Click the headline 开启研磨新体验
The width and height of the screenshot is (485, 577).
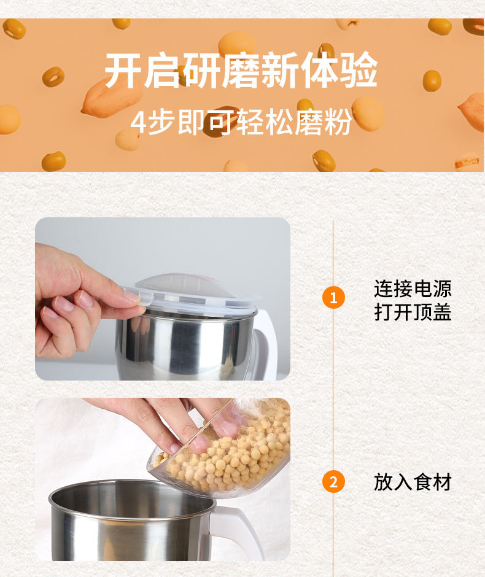coord(241,71)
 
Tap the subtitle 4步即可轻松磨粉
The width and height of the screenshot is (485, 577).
coord(241,122)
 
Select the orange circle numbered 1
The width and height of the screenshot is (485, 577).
coord(333,297)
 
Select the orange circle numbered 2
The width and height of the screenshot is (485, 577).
coord(333,482)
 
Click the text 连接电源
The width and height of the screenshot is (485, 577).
coord(413,288)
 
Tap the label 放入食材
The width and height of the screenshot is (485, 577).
coord(413,482)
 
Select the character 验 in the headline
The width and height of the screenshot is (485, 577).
coord(359,71)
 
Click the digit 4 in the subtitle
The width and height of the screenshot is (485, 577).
coord(138,123)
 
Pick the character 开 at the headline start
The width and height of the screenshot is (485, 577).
coord(123,71)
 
